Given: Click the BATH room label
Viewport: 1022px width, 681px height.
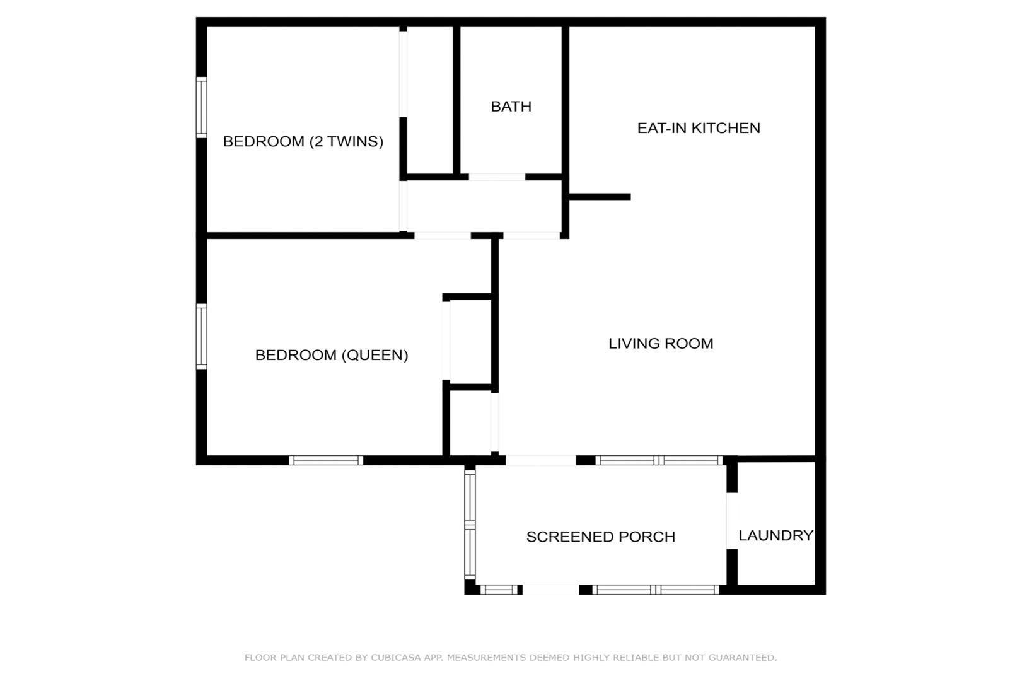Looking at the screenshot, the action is (511, 107).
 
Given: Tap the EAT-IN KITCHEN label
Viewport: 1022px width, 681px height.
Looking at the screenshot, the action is (699, 128).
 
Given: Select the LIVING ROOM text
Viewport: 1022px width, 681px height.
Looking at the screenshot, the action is (661, 343).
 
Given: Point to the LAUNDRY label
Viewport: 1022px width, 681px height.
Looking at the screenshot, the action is (775, 535).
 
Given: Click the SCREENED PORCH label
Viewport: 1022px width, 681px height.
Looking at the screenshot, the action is (600, 537).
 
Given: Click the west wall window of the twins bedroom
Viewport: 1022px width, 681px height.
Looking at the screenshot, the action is (201, 107).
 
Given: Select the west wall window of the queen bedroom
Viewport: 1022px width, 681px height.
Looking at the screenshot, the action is (201, 336).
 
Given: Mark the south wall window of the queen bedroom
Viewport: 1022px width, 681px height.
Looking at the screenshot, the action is (326, 460).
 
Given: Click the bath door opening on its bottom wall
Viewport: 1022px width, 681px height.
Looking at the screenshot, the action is (497, 177).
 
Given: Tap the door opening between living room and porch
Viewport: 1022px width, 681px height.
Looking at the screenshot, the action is (541, 460).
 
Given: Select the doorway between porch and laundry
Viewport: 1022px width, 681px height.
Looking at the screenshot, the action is (732, 521).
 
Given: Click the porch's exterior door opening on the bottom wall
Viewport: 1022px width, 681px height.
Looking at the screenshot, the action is (550, 590).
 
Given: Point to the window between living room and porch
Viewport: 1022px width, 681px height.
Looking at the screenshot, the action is (659, 460).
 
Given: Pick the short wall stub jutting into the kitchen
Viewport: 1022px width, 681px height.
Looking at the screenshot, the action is (600, 197).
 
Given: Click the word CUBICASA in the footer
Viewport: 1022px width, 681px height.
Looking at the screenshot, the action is (396, 658).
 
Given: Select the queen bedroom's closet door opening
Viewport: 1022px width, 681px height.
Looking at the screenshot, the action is (446, 340).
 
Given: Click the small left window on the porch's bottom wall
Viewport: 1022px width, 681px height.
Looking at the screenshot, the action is (499, 590).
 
